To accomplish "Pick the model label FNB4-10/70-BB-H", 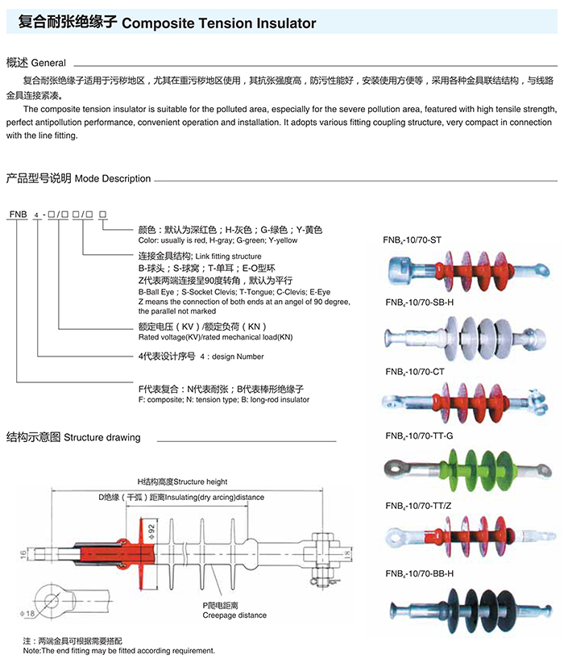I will (x=420, y=573).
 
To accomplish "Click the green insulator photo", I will (x=465, y=471).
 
